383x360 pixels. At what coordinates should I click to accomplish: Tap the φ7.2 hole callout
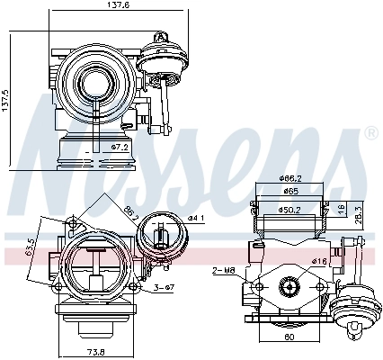(120, 146)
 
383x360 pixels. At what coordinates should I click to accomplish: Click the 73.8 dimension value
(94, 351)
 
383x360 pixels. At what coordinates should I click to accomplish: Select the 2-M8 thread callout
(224, 269)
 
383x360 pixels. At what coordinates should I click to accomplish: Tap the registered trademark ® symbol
(370, 133)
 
